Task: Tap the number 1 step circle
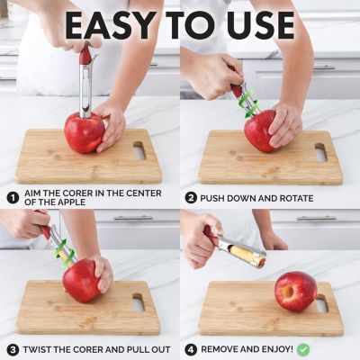click(12, 197)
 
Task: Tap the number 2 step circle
click(191, 197)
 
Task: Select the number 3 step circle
click(12, 348)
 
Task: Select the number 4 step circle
click(191, 348)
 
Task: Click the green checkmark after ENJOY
click(303, 348)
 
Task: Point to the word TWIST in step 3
click(41, 349)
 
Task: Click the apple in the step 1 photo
click(84, 132)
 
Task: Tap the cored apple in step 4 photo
click(295, 291)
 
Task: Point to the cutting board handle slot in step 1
click(139, 151)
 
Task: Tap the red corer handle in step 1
click(85, 57)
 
